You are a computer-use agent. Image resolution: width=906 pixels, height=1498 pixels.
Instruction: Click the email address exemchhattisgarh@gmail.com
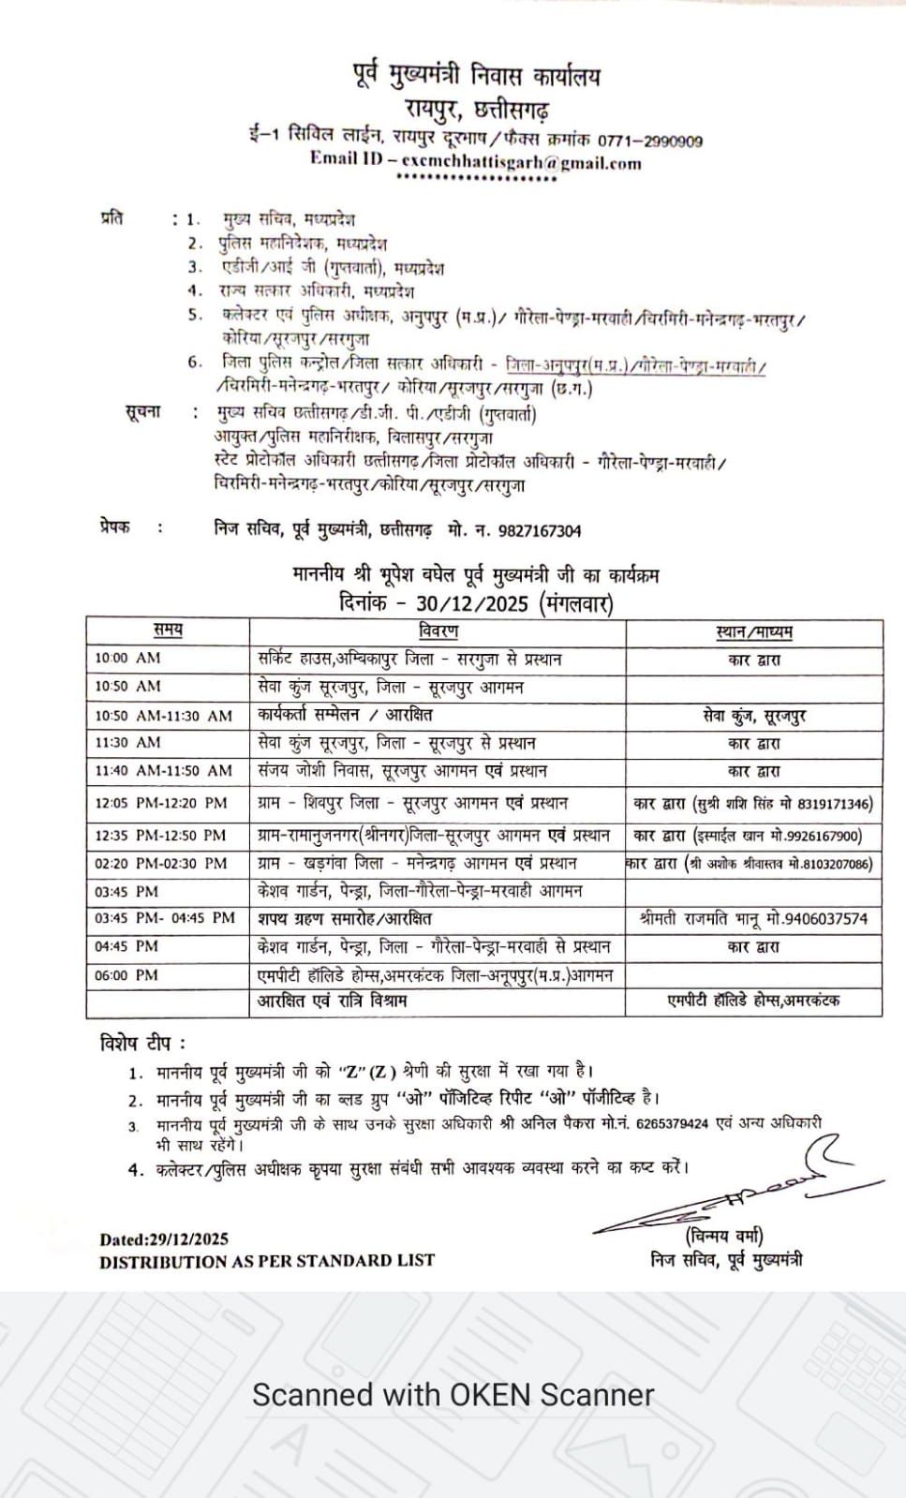click(521, 162)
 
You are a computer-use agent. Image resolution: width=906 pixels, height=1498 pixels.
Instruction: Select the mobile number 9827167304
click(540, 531)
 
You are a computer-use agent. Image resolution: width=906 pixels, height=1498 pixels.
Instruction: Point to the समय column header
click(168, 630)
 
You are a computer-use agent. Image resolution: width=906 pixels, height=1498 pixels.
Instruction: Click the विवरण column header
click(438, 630)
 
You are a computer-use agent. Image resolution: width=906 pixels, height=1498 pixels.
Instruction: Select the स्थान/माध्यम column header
click(753, 631)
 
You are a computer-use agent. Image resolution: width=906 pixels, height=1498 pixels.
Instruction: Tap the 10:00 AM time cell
click(127, 659)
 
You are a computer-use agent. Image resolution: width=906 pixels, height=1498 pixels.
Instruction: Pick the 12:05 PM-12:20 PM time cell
click(161, 803)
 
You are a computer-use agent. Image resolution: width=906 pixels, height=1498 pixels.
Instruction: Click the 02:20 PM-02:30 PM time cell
click(161, 863)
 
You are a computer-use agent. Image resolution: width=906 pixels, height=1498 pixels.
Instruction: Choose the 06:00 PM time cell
click(126, 975)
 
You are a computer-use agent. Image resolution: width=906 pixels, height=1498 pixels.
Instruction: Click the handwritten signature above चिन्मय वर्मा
click(721, 1194)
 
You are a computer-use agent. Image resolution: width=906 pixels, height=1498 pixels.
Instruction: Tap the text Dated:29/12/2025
click(164, 1239)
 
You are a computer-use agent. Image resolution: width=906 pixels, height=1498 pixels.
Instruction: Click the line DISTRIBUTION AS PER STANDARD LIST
click(267, 1261)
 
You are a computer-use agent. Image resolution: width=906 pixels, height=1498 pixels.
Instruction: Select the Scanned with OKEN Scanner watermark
click(453, 1394)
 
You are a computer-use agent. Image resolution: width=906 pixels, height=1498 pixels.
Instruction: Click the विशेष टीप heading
click(142, 1043)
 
